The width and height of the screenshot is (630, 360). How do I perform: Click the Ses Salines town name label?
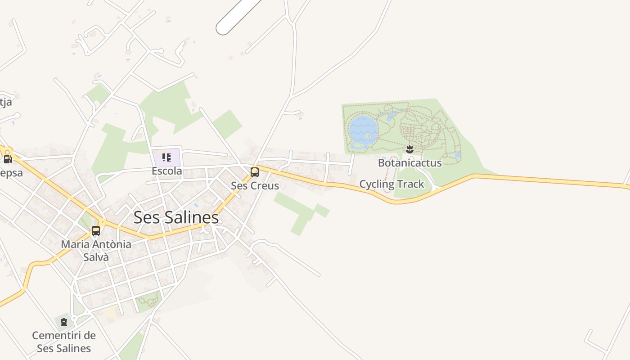coord(176,218)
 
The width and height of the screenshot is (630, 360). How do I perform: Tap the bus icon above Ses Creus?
coord(255,172)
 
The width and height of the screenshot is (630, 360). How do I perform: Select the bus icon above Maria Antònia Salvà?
coord(96,231)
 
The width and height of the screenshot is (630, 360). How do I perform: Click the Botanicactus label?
coord(409,162)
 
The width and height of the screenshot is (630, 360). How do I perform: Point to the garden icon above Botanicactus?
coord(409,149)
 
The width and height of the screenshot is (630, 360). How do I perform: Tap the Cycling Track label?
coord(391,184)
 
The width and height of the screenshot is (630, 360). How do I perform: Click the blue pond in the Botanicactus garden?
coord(363,129)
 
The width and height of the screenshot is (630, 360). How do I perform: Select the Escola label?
coord(166,171)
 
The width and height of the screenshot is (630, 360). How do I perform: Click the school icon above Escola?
coord(166,157)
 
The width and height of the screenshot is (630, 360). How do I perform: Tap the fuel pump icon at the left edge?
coord(7,159)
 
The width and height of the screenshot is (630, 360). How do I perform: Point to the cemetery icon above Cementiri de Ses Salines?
coord(64,322)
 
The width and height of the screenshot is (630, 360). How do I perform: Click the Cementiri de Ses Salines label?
coord(64,342)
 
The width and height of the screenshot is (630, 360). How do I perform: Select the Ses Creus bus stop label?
coord(255,185)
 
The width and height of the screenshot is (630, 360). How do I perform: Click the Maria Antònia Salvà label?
coord(96,251)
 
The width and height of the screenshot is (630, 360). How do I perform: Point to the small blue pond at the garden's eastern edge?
coord(457,155)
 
